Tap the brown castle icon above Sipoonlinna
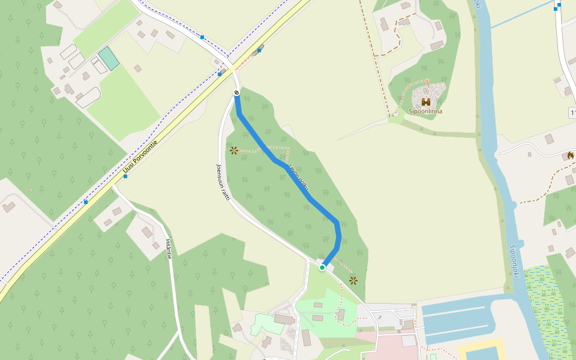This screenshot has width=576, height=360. click(426, 102)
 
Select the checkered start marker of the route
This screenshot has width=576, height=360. click(237, 92)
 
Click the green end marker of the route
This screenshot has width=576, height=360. click(322, 267)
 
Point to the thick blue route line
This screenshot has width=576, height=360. click(282, 165)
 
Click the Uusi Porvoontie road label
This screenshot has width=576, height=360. click(140, 158)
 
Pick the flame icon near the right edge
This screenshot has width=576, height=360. click(570, 155)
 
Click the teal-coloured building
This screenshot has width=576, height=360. click(109, 58)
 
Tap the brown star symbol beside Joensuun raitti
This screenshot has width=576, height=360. click(233, 150)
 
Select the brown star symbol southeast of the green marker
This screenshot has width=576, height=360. click(353, 280)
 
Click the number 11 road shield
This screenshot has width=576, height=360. click(572, 113)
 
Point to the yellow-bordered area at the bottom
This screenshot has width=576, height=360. click(480, 350)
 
